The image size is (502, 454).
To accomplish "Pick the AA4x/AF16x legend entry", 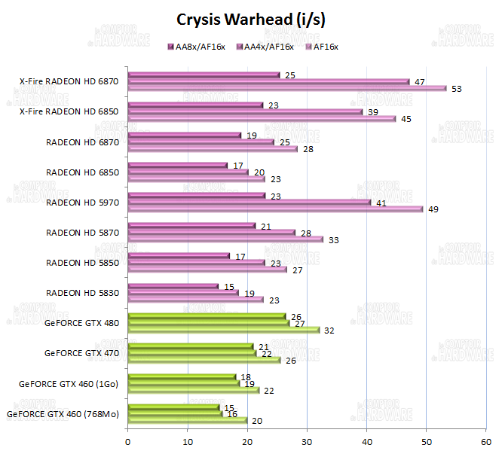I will point(268,47).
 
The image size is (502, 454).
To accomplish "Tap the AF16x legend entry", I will point(324,47).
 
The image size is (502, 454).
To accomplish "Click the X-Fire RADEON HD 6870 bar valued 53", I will point(287,88).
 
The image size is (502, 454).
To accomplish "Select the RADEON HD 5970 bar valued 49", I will point(276,209).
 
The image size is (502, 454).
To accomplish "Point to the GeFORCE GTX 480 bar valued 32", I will point(224,330).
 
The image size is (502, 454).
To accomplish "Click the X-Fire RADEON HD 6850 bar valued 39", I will point(245,111).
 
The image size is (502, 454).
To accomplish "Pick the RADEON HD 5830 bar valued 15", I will point(173,286).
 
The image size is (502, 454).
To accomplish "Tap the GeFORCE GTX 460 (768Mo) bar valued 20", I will point(188,420).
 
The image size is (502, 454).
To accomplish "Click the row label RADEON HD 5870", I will point(82,233).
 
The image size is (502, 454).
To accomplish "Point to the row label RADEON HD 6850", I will point(82,172).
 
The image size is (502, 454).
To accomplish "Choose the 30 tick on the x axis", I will point(307,440).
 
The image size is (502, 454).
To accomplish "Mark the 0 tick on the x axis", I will point(128,440).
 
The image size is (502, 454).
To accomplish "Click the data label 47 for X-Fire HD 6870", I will point(419,81).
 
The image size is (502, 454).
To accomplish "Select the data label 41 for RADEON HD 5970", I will point(381,202).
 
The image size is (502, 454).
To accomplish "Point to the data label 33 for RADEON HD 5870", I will point(332,239).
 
